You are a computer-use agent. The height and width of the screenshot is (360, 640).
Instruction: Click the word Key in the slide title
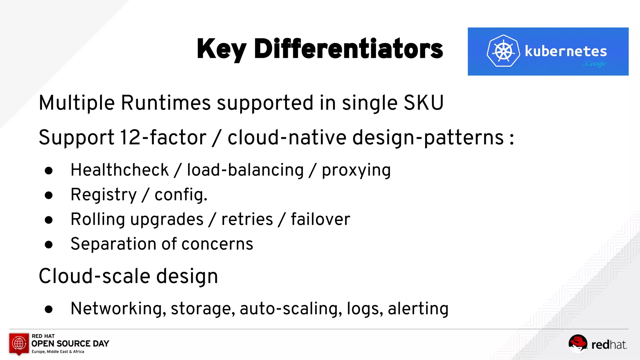click(x=222, y=49)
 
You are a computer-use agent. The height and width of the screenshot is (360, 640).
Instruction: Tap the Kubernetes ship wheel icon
click(x=503, y=51)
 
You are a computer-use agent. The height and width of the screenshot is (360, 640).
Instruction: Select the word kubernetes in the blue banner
click(x=566, y=51)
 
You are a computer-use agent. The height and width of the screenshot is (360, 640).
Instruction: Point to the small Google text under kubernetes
click(x=595, y=64)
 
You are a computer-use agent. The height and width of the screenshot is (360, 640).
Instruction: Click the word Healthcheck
click(x=120, y=170)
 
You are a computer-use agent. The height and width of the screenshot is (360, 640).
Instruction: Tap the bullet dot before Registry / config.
click(x=49, y=195)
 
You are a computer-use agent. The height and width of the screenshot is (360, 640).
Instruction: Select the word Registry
click(x=104, y=195)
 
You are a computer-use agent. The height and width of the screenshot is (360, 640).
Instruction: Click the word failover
click(x=320, y=219)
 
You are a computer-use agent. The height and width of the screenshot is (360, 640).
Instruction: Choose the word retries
click(x=247, y=219)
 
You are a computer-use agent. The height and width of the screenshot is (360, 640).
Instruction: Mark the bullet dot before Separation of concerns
click(x=49, y=244)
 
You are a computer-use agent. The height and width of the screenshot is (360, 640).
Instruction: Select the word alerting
click(x=418, y=308)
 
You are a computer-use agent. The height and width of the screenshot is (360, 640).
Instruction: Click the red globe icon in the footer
click(x=19, y=343)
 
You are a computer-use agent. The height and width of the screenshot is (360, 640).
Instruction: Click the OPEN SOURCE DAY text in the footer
click(x=70, y=343)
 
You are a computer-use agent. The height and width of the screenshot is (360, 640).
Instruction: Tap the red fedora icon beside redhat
click(x=577, y=343)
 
